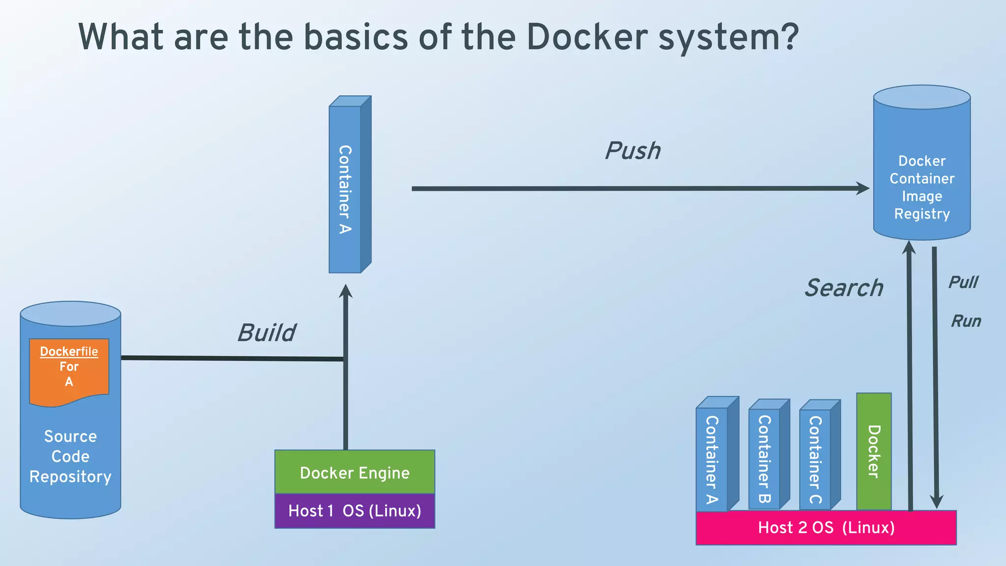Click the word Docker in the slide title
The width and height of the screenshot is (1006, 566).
(x=587, y=37)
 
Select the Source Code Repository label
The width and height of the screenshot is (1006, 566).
(x=70, y=456)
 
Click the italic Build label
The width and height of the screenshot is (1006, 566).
(x=267, y=333)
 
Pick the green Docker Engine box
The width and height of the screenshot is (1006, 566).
(x=355, y=472)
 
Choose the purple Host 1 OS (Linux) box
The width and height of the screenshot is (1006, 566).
(x=355, y=511)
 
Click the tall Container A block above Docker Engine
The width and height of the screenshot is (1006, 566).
(x=346, y=189)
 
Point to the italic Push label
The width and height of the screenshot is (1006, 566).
(x=633, y=150)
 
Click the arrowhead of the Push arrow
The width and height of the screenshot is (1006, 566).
(x=863, y=188)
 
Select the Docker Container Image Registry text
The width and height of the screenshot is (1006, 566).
(x=922, y=187)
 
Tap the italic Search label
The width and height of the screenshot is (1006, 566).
(x=843, y=288)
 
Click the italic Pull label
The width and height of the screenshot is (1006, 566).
(x=963, y=283)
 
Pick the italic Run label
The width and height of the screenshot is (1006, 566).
(x=966, y=321)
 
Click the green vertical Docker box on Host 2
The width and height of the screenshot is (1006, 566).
(x=874, y=451)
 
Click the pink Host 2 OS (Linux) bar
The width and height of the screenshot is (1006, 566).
(x=826, y=528)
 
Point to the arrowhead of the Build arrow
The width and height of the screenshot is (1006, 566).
(x=346, y=291)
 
